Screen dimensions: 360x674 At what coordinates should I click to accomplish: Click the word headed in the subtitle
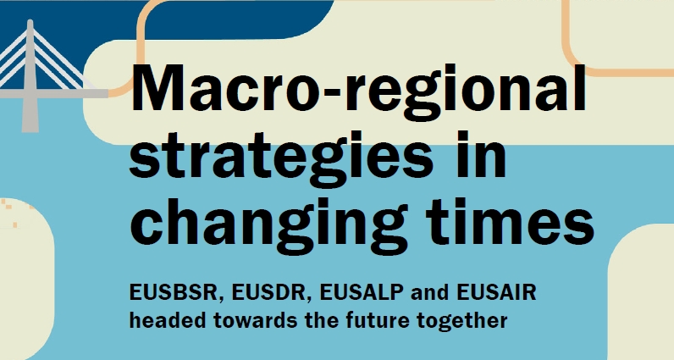click(164, 321)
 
